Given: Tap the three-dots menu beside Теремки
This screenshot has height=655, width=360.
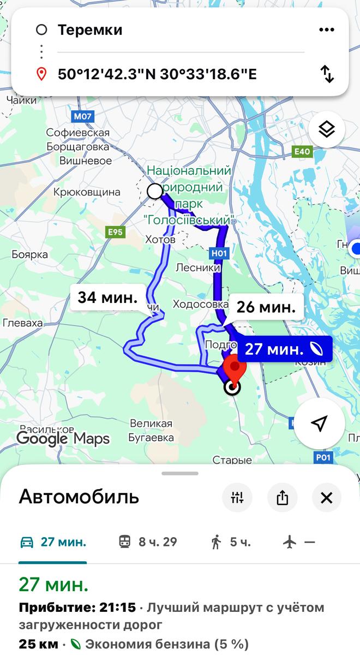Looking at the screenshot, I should point(326,29).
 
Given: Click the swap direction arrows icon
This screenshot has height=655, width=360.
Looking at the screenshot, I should point(327,74).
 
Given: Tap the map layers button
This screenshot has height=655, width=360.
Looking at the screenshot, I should point(326,130).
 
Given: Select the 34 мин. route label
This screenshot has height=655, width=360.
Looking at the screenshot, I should point(107,297).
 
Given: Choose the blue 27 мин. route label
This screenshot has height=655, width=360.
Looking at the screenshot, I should point(284,349).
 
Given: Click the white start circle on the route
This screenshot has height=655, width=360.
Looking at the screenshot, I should point(155,191).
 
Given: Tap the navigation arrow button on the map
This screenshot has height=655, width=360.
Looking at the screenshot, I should point(320,423).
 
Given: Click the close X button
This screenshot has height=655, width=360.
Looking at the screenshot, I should point(326,497).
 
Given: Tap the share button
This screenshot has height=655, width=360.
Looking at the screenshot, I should point(282,497).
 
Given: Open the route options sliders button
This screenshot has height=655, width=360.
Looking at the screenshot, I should point(237,497).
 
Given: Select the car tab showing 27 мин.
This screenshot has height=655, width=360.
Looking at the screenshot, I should point(53,542).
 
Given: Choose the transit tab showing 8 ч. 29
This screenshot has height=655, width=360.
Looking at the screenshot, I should point(148,542).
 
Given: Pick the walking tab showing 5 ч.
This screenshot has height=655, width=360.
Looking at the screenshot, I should point(231,542).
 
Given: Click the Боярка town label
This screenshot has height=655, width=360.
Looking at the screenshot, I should point(29,254).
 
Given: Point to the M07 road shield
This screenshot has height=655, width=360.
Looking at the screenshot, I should point(82,116).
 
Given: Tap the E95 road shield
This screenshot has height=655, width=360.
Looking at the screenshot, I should point(115,232).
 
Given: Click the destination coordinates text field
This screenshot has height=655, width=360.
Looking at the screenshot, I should point(157,74).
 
